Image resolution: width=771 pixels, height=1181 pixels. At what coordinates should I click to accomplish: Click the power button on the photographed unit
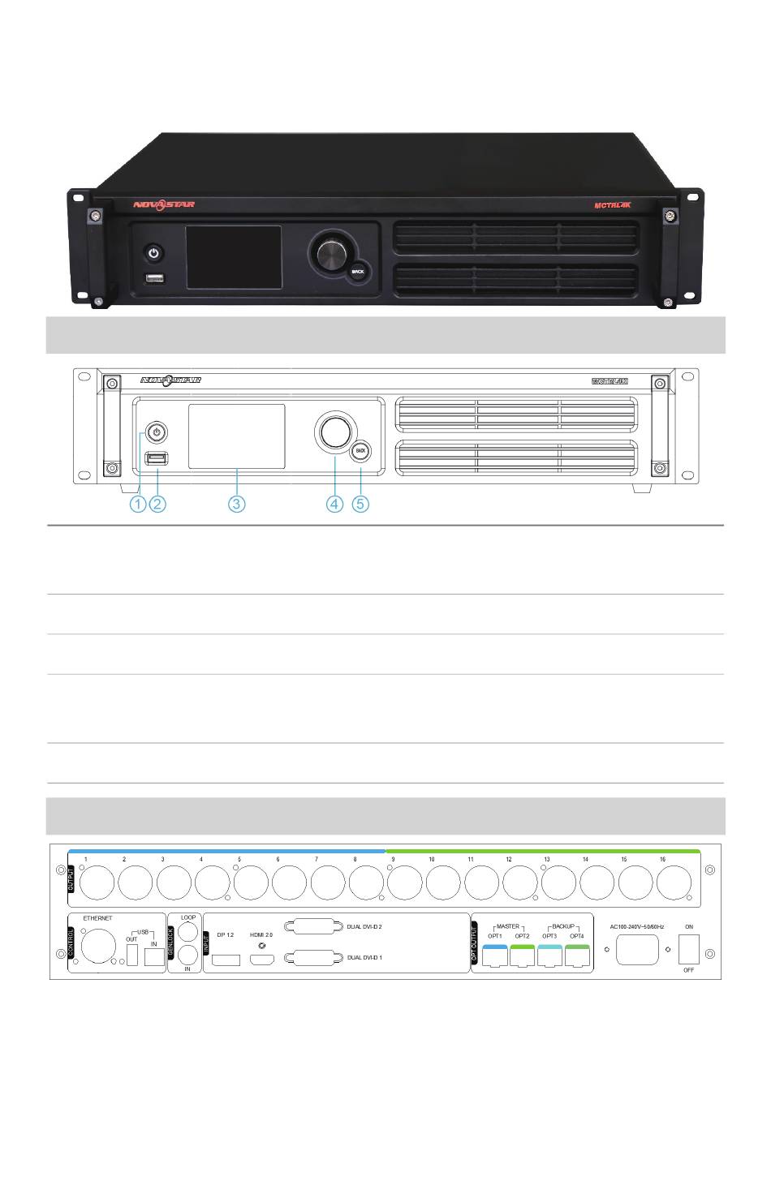coord(153,254)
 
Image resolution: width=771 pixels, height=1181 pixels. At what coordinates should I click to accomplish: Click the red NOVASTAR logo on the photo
coord(164,205)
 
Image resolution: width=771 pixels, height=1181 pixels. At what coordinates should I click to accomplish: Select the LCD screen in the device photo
coord(234,257)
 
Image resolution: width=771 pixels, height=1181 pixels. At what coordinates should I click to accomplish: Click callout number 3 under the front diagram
coord(236,504)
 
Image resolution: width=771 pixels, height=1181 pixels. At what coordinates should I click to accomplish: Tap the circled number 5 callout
coord(361,504)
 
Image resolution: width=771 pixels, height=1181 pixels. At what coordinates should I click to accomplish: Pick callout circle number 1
coord(139,504)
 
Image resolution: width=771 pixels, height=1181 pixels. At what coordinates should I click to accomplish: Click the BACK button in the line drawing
coord(362,449)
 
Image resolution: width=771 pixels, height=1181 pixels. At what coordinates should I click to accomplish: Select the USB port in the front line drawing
coord(157,460)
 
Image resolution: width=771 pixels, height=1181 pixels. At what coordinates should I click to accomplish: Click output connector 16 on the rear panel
coord(672,883)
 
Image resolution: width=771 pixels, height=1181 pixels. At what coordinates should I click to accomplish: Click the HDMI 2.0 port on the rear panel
coord(261,960)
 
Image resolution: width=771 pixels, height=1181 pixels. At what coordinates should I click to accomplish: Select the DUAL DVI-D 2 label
coord(364,925)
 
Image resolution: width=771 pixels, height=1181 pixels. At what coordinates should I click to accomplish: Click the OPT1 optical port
coord(494,956)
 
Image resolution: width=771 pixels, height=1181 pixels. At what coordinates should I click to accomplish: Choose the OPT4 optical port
coord(576,956)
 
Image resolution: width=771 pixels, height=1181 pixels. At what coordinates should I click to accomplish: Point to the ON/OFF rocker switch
coord(688,949)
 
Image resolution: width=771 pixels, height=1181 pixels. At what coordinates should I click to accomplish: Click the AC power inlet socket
coord(637,950)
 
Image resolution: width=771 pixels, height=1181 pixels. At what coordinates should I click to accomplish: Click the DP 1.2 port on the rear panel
coord(225,960)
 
